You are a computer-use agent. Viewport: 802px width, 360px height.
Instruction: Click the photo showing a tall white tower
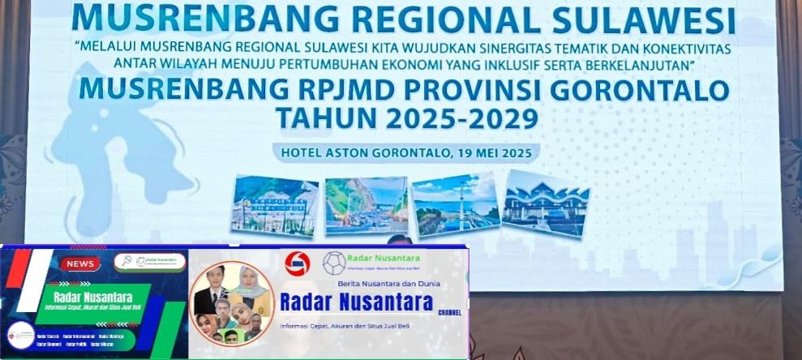pyautogui.click(x=455, y=204)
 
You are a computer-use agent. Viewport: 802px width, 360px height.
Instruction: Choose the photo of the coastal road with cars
pyautogui.click(x=367, y=205)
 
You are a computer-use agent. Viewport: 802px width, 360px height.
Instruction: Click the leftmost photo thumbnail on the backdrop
pyautogui.click(x=275, y=205)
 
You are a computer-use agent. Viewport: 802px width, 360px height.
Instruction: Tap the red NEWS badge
pyautogui.click(x=80, y=264)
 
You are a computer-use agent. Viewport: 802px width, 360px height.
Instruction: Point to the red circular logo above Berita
pyautogui.click(x=298, y=264)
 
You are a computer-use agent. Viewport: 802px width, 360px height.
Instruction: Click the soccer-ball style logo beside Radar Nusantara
pyautogui.click(x=333, y=263)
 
